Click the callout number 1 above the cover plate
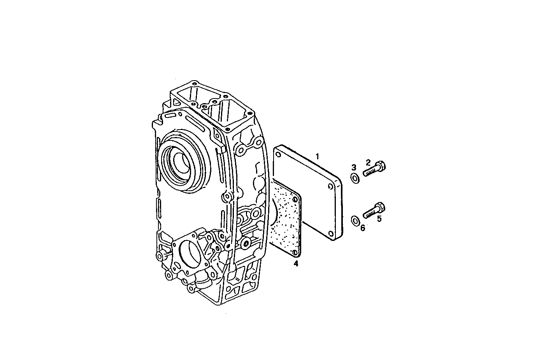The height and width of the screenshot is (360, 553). (317, 156)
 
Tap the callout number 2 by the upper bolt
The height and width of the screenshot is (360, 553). (368, 162)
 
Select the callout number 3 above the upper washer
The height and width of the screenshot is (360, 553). (354, 167)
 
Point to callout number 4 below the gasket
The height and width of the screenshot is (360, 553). (296, 264)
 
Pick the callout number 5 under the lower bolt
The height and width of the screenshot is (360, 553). (379, 219)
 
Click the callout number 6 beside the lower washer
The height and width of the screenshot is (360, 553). (362, 228)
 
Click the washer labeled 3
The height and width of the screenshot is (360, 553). (355, 179)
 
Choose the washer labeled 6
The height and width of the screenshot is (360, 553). (355, 220)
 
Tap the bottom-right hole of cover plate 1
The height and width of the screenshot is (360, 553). (330, 234)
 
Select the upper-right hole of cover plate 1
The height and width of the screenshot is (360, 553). (330, 187)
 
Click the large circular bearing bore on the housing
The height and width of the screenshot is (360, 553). (181, 160)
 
